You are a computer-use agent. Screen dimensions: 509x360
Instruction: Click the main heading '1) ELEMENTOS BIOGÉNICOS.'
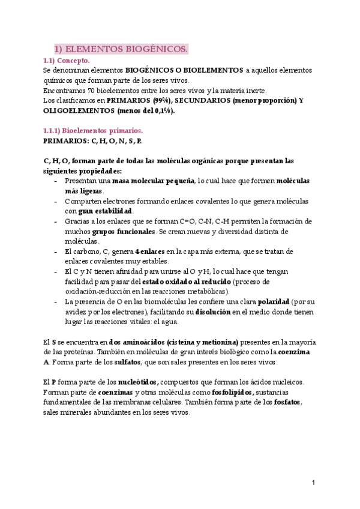121,49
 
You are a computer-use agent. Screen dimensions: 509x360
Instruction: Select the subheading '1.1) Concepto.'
67,61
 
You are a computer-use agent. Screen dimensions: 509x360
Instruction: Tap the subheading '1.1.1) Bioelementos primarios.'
93,130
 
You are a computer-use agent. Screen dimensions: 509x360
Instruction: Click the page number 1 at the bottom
313,483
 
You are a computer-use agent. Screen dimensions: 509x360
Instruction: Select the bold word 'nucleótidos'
138,382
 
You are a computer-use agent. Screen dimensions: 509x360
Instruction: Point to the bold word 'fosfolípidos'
229,392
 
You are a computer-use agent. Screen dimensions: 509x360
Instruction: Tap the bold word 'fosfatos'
284,402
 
